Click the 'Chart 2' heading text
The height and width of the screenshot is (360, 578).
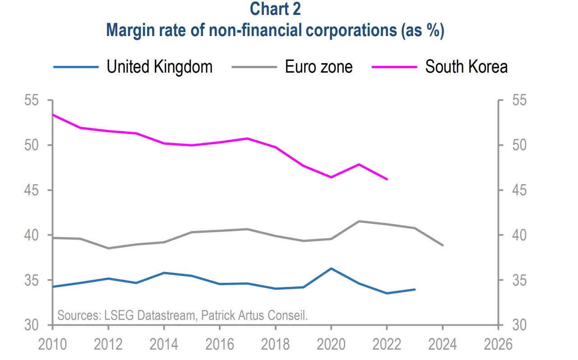[x=275, y=9]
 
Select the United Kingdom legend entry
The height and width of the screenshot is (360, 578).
[x=159, y=67]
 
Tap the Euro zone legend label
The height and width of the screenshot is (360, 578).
[x=319, y=67]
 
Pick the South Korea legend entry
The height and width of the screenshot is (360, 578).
[x=466, y=67]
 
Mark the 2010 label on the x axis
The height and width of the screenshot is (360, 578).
[x=53, y=345]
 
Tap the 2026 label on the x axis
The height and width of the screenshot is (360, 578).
[x=498, y=345]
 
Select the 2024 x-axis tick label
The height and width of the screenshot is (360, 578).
[x=442, y=345]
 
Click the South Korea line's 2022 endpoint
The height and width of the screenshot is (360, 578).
[x=387, y=179]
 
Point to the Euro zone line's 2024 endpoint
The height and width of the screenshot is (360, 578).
[x=443, y=245]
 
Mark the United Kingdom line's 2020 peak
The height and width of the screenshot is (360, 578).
[x=331, y=268]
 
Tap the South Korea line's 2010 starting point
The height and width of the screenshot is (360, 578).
[x=53, y=115]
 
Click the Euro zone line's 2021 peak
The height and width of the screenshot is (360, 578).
[x=359, y=221]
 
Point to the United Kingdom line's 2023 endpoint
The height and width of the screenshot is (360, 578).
[x=415, y=289]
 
